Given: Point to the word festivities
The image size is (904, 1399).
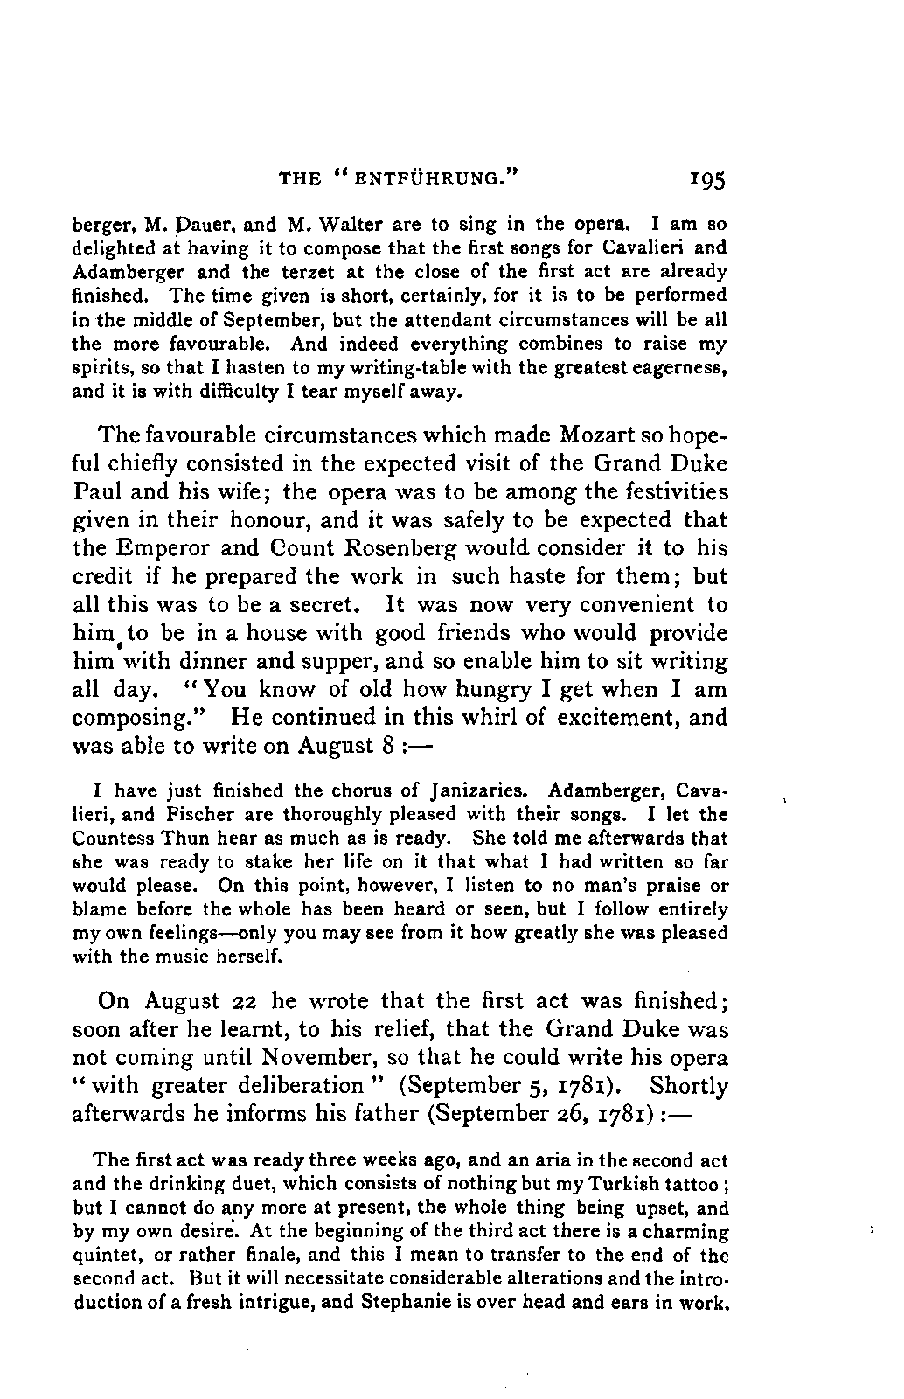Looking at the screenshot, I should pos(665,491).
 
